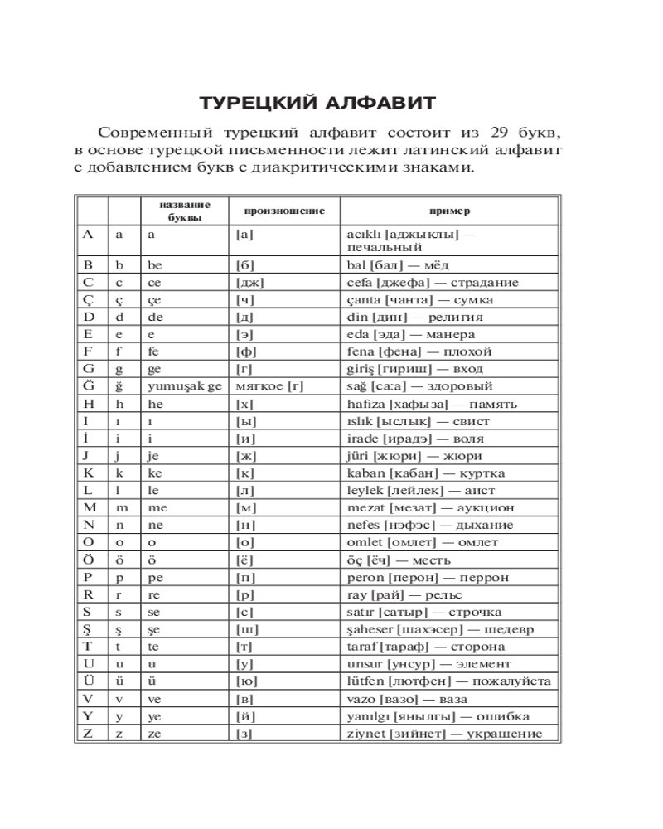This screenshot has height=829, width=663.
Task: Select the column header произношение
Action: tap(278, 211)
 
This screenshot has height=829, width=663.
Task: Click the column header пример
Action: tap(449, 211)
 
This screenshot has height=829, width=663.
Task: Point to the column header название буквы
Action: tap(184, 211)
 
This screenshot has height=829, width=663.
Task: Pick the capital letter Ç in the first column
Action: tap(89, 299)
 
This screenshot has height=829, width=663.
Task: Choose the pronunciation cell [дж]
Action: tap(249, 282)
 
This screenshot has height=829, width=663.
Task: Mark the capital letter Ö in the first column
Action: tap(89, 560)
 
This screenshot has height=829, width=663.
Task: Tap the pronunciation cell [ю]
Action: tap(247, 681)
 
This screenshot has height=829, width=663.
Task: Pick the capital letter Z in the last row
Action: tap(88, 734)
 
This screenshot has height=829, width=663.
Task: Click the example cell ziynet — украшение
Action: tap(444, 734)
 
